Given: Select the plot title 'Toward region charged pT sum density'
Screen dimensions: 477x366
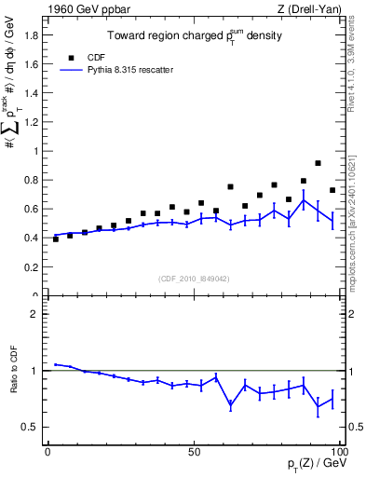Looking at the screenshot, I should click(193, 38).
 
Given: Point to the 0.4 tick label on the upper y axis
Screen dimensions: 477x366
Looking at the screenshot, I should click(31, 238).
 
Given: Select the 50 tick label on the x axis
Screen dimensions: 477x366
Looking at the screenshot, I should click(194, 451).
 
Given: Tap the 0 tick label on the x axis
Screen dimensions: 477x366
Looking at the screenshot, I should click(47, 451).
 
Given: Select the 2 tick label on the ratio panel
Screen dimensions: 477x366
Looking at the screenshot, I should click(35, 315).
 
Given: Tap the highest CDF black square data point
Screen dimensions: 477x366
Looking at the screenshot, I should click(319, 163).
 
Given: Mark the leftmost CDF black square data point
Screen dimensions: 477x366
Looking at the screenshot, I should click(55, 239).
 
